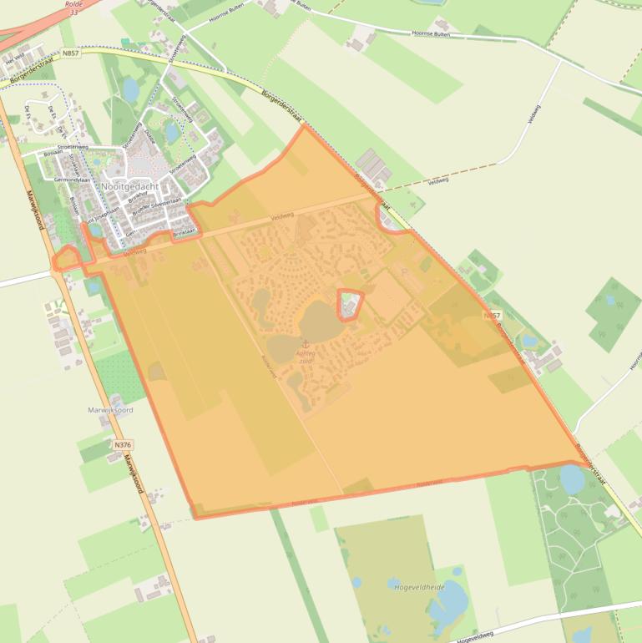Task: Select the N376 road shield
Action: pos(123,445)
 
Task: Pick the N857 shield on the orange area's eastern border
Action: pos(493,316)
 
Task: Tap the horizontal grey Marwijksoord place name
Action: pos(110,410)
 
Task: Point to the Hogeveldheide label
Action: pos(418,587)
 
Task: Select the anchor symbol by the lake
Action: pos(305,344)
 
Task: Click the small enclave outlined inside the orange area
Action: pos(351,304)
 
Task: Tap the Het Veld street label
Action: pos(15,59)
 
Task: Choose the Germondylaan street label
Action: pos(70,180)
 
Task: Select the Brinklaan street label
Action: pos(184,232)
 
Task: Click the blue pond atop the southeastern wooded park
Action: pos(572,478)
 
